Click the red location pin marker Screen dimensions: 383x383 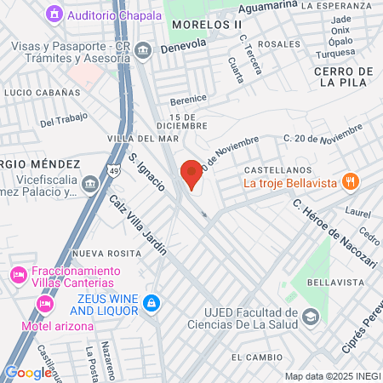[191, 174]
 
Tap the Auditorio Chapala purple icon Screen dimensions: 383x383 [55, 14]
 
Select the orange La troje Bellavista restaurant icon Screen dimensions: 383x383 [349, 181]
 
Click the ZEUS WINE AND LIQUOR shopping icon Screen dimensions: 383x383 [151, 303]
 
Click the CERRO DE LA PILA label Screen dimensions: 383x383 [345, 77]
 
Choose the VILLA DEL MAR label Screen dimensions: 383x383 [143, 138]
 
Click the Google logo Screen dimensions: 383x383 [27, 372]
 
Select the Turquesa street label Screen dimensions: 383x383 [335, 53]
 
